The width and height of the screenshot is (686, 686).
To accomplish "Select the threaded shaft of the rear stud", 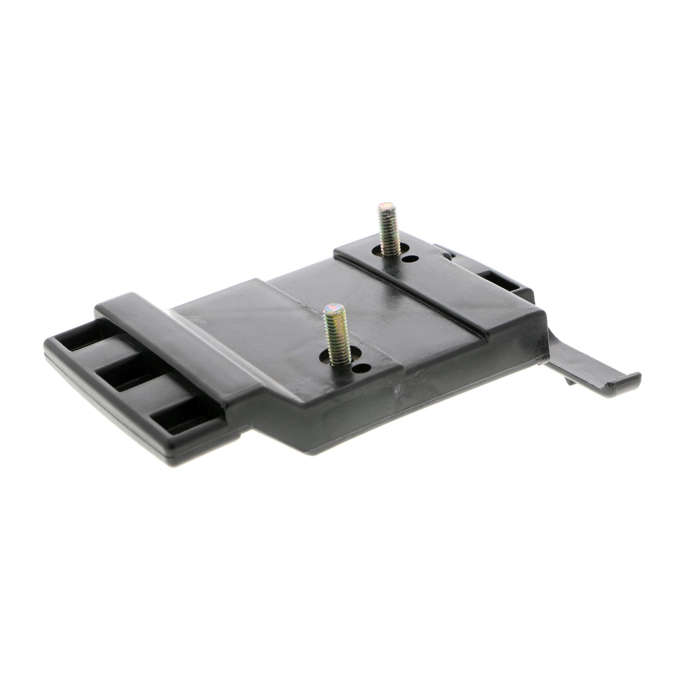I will pyautogui.click(x=387, y=230).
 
